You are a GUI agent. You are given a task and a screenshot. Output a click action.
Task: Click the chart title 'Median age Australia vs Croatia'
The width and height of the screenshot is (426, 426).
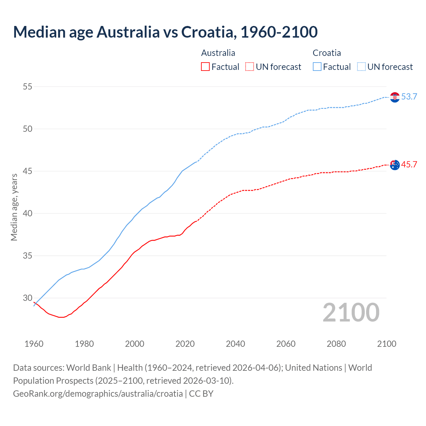(x=165, y=32)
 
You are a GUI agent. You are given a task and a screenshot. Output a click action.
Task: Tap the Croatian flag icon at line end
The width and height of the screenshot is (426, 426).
(x=395, y=97)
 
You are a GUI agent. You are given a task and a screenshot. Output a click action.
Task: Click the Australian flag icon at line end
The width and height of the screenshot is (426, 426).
(x=395, y=165)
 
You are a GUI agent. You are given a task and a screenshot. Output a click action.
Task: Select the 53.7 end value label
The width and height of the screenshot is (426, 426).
(x=409, y=97)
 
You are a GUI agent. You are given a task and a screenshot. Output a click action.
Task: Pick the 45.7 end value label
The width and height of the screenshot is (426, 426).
(x=409, y=165)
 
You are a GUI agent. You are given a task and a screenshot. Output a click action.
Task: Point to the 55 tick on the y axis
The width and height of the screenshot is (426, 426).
(x=28, y=87)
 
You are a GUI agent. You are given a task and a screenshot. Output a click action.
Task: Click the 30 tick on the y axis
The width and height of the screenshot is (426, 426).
(x=28, y=298)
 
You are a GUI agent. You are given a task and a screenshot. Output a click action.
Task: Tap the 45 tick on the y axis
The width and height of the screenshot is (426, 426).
(x=28, y=171)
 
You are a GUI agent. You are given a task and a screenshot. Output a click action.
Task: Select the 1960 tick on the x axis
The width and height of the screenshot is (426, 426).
(x=34, y=344)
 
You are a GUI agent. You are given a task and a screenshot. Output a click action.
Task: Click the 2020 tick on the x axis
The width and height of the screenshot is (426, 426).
(x=185, y=344)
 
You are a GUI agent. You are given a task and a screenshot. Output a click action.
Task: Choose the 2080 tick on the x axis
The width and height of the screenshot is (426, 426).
(x=336, y=344)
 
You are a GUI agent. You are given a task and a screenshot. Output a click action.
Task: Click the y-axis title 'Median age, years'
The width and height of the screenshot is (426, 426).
(x=14, y=207)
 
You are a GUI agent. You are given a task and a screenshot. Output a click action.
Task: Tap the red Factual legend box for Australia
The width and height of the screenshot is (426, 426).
(x=205, y=67)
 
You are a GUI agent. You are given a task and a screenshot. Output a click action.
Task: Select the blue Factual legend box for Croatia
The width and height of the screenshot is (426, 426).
(x=317, y=67)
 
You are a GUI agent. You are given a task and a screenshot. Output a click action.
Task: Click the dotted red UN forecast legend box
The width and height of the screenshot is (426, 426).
(x=250, y=67)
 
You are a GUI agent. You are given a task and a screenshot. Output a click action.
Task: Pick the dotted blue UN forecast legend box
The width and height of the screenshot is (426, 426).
(x=361, y=67)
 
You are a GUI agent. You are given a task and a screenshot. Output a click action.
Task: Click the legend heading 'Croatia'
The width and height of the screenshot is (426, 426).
(x=326, y=53)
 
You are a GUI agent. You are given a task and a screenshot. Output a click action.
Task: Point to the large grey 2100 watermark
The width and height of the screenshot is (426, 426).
(x=351, y=313)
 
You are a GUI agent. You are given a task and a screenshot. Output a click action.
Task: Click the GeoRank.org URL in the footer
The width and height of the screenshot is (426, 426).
(x=98, y=394)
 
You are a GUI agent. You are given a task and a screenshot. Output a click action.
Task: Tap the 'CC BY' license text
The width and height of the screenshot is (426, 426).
(x=201, y=394)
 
